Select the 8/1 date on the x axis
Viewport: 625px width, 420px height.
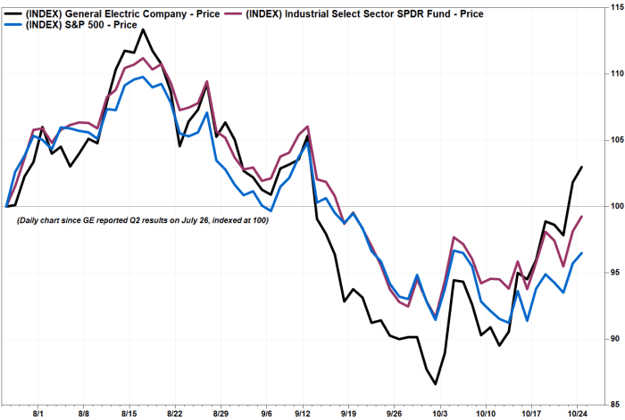click(x=38, y=414)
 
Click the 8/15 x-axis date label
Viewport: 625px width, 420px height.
click(x=129, y=414)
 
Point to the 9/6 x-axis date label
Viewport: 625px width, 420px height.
click(x=267, y=414)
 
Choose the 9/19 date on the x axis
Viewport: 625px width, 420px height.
click(x=350, y=414)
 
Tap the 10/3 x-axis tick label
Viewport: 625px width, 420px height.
click(x=439, y=414)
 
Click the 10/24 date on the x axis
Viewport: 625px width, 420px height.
click(x=577, y=414)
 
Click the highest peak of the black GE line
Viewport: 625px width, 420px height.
click(x=143, y=29)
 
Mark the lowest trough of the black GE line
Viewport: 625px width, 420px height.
click(x=436, y=384)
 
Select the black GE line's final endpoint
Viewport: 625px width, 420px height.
click(x=582, y=167)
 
